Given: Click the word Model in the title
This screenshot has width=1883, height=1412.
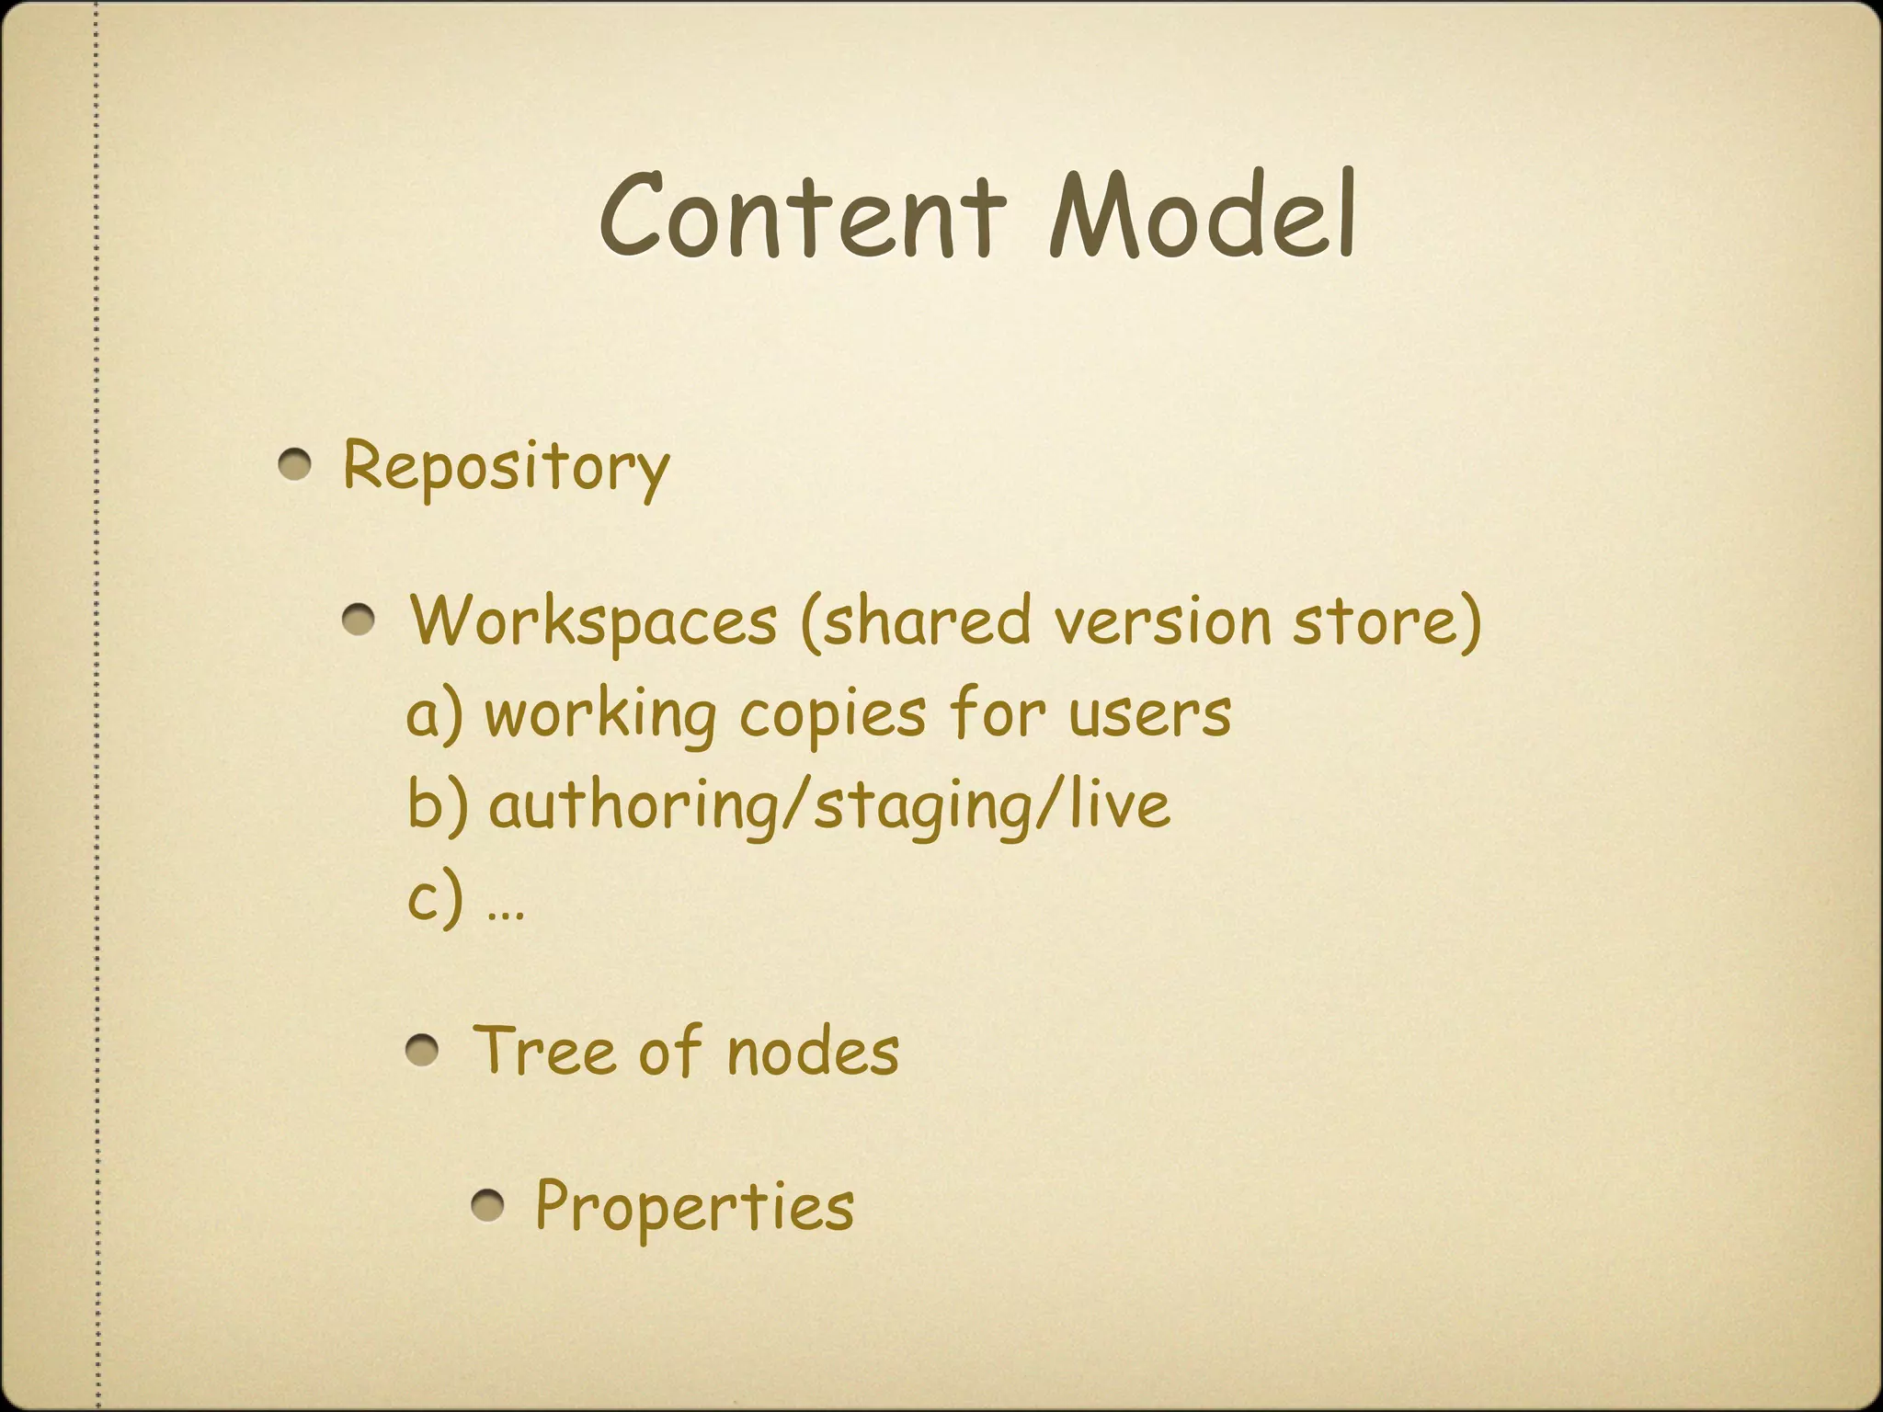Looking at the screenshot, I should point(1203,215).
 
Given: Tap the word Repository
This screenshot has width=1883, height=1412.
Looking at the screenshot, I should point(506,467).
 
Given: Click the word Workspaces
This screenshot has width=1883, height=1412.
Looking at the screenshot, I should point(594,621).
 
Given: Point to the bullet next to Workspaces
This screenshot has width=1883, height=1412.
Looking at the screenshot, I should point(359,622).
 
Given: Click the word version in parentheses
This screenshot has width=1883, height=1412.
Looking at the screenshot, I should point(1162,621).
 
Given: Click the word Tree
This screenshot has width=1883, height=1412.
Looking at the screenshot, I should point(543,1051).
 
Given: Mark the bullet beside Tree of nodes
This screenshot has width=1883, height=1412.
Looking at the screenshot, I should point(422,1050).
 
